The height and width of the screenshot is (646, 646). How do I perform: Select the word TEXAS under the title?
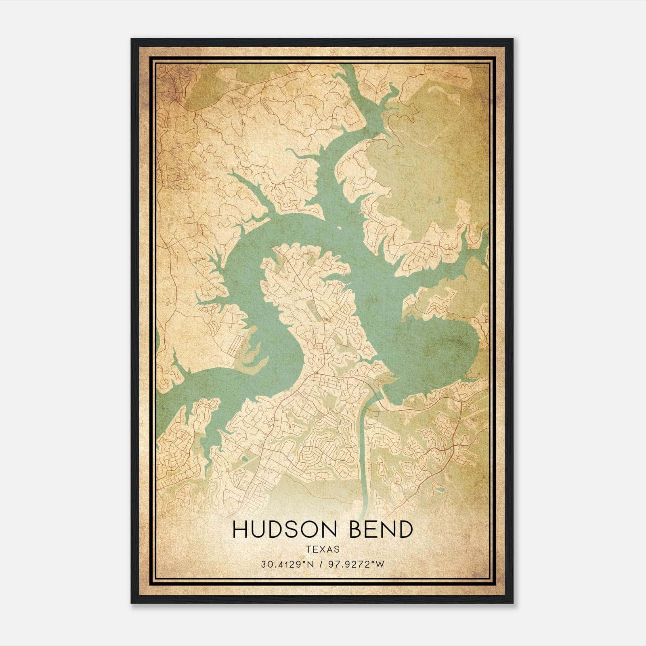322,549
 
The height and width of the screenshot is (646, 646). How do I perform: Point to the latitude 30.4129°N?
287,564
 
